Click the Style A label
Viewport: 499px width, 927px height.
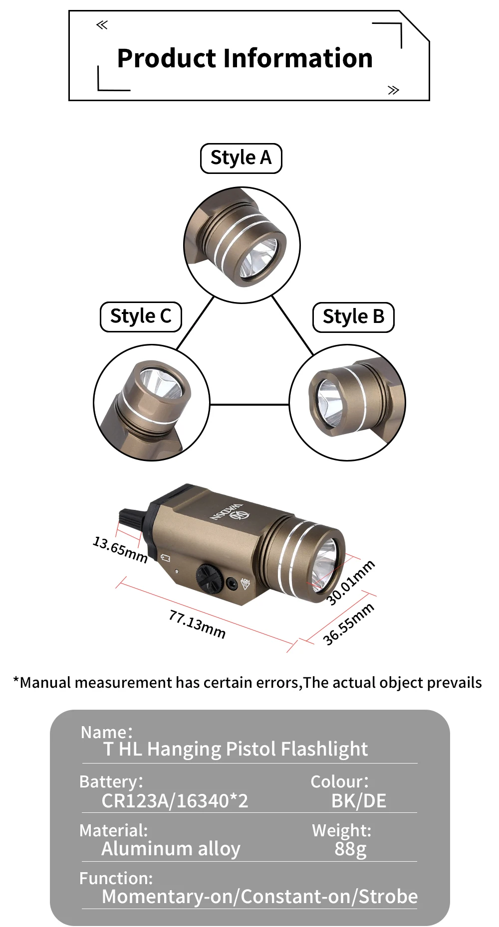(x=241, y=158)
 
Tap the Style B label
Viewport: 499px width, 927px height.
(x=353, y=317)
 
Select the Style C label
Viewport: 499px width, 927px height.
(x=141, y=316)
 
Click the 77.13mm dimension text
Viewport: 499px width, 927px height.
(x=197, y=624)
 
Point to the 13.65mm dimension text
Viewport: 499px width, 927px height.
(x=120, y=549)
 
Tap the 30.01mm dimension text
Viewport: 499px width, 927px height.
(x=350, y=582)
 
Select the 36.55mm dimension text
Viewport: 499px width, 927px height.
(x=348, y=624)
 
